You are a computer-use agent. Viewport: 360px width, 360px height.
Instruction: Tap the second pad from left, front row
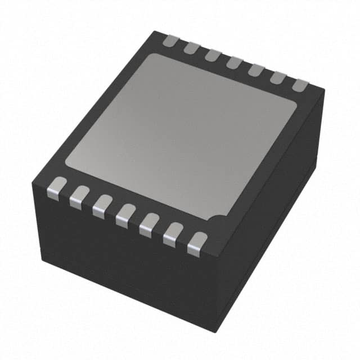pyautogui.click(x=79, y=195)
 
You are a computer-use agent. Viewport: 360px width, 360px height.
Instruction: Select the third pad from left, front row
pyautogui.click(x=101, y=204)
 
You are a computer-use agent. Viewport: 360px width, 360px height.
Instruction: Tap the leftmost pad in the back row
pyautogui.click(x=170, y=40)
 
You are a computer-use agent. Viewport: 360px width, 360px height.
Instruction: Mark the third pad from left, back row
pyautogui.click(x=212, y=55)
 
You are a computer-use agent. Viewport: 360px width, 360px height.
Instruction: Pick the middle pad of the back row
pyautogui.click(x=233, y=62)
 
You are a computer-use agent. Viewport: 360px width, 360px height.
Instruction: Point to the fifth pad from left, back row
pyautogui.click(x=255, y=70)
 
